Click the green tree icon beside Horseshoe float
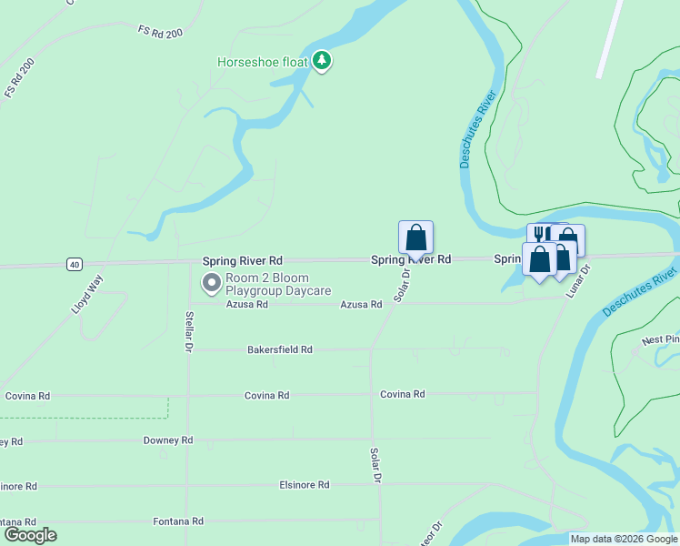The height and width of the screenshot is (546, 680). [321, 61]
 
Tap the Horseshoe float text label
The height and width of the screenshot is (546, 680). [263, 62]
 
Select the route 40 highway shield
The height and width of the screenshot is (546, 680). [75, 264]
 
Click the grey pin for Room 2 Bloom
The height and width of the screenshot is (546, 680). [211, 284]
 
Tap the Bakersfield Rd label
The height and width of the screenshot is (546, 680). [280, 349]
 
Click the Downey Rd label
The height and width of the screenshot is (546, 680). [168, 440]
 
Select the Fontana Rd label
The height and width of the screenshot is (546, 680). [177, 521]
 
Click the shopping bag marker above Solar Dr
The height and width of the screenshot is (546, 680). [415, 238]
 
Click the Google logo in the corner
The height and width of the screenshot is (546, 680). [30, 535]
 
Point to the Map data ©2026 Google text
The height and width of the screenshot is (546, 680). [624, 539]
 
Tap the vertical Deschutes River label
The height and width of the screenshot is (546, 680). [473, 127]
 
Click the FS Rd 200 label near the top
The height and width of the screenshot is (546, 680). [160, 31]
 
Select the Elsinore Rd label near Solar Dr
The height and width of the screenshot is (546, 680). [304, 485]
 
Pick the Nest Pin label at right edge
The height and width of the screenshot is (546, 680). [660, 340]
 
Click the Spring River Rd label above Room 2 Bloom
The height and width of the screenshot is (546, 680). [242, 260]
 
